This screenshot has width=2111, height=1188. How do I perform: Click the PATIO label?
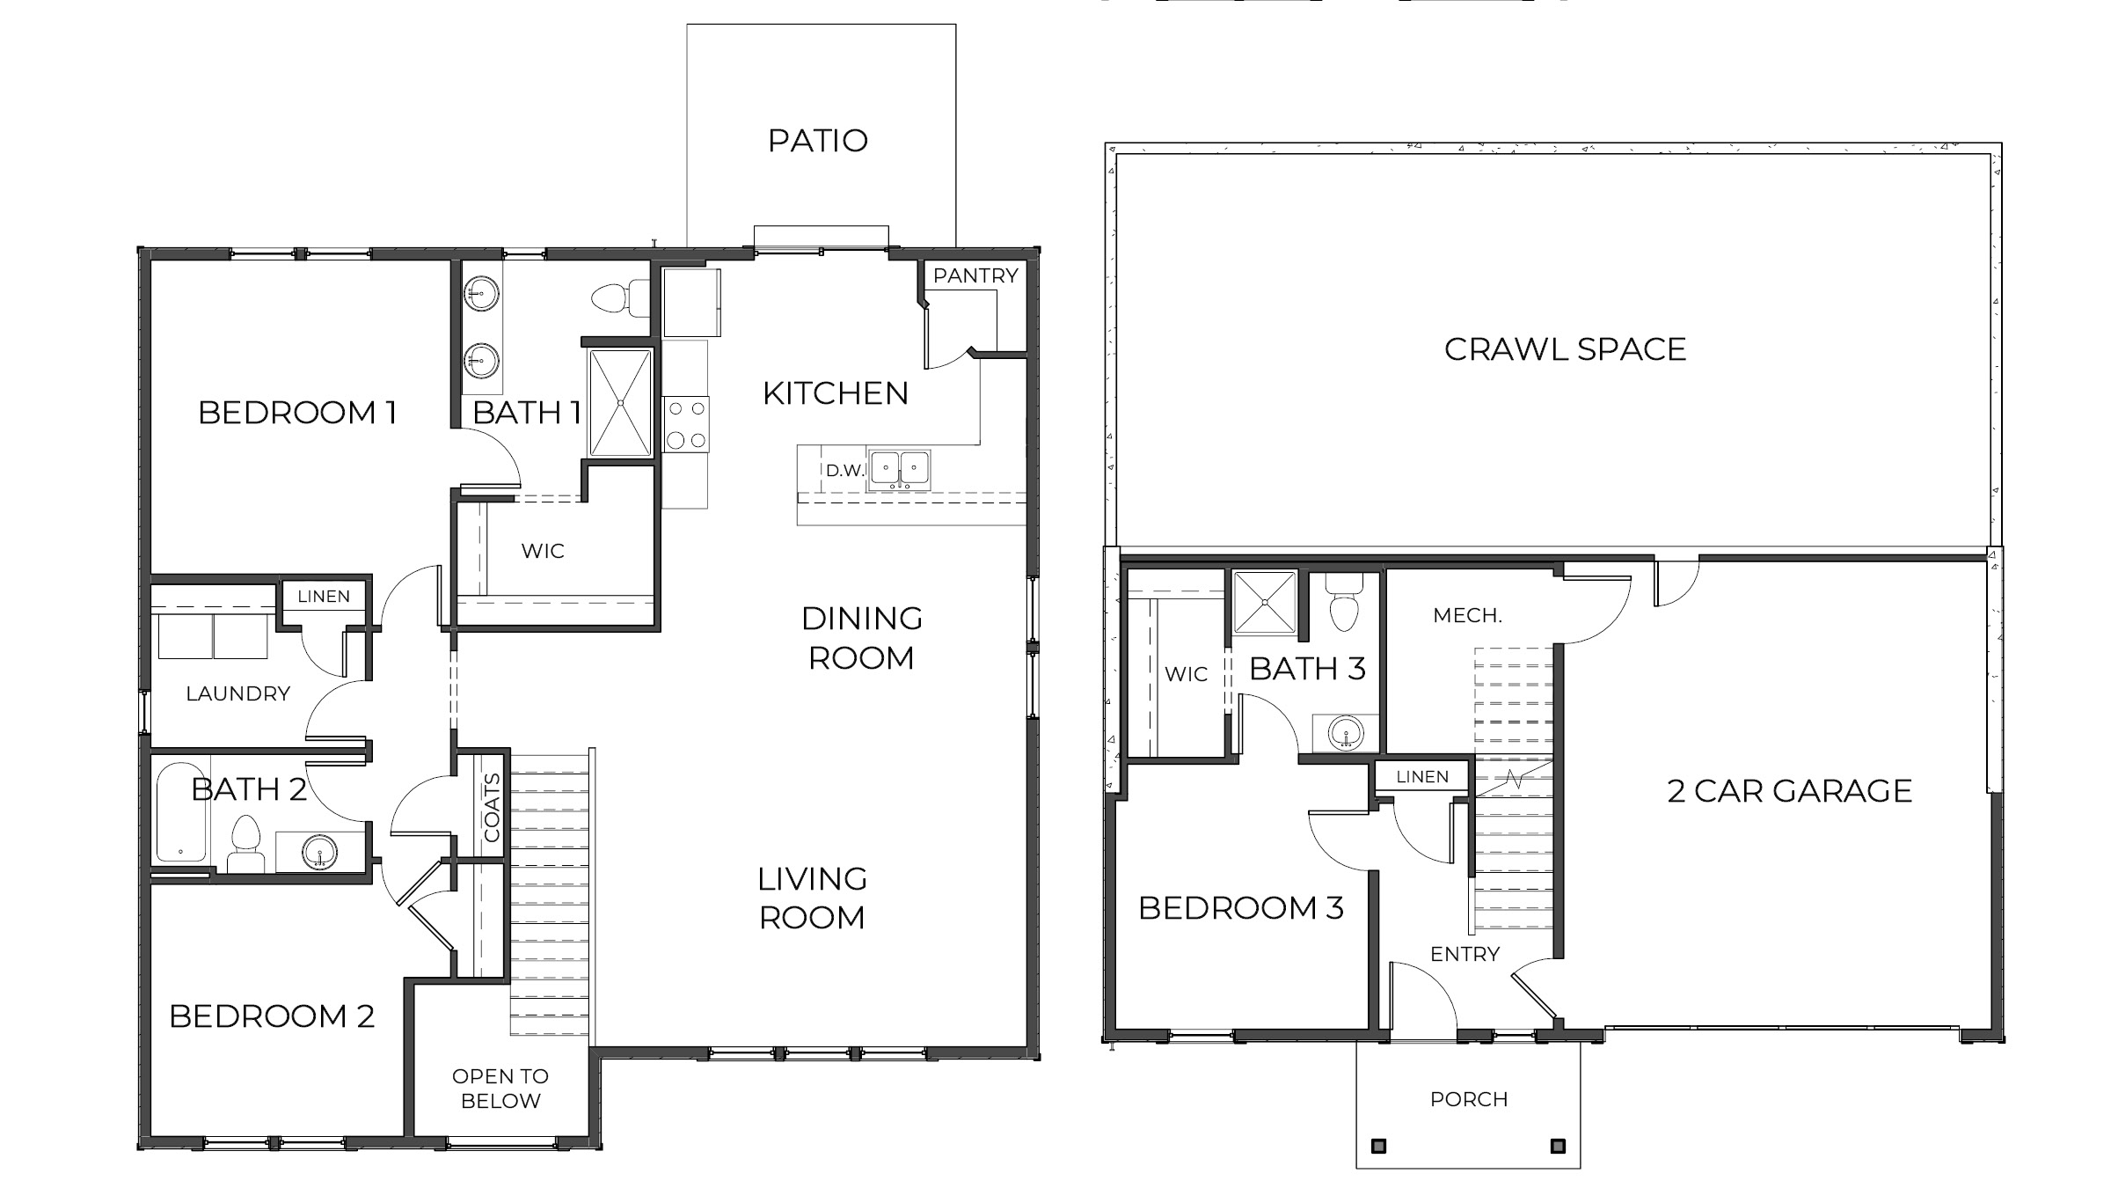tap(818, 141)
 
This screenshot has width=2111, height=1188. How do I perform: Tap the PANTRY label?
tap(975, 275)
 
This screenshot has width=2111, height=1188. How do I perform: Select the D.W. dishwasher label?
tap(845, 471)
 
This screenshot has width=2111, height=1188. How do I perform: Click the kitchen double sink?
tap(899, 469)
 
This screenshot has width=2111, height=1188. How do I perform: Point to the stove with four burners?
tap(686, 424)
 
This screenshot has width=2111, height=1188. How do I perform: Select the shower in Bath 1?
tap(620, 403)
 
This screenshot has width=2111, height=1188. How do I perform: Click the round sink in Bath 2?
tap(318, 852)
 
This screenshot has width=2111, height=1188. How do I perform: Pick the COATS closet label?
tap(493, 808)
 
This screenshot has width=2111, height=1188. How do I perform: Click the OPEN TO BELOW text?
tap(500, 1089)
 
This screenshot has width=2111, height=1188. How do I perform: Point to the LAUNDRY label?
tap(237, 693)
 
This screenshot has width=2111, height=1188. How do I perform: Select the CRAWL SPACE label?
tap(1565, 349)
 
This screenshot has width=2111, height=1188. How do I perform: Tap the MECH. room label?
tap(1467, 616)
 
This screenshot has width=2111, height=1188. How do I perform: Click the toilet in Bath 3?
tap(1344, 605)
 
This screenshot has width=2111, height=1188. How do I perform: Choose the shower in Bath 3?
tap(1265, 603)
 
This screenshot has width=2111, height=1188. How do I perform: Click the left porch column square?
tap(1379, 1146)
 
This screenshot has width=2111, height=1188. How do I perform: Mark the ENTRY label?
tap(1465, 954)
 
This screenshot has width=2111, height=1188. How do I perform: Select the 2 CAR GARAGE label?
tap(1789, 791)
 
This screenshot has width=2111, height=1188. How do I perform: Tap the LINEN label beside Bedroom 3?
tap(1422, 776)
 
